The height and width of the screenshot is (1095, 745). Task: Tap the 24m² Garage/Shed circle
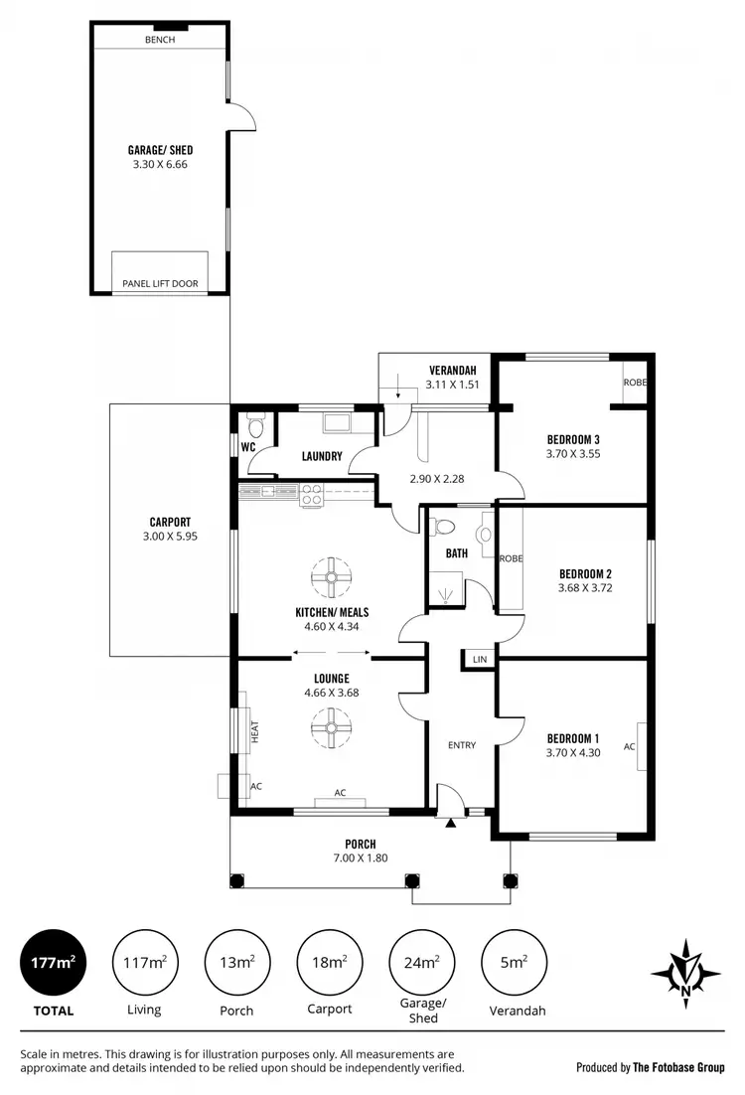click(422, 962)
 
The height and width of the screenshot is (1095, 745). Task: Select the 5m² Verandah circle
click(514, 962)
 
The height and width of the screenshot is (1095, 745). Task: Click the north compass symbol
click(684, 970)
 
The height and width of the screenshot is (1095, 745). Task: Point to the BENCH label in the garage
click(159, 40)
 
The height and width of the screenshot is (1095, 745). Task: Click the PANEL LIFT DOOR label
click(160, 284)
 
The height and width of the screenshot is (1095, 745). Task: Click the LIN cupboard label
click(480, 660)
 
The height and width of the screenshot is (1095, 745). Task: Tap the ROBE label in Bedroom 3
click(634, 383)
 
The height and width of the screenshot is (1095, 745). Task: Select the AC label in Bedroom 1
click(629, 745)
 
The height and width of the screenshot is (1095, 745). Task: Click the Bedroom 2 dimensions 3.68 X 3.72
click(584, 588)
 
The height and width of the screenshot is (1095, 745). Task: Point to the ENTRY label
click(462, 745)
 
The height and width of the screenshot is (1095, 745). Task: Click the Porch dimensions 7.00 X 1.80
click(361, 859)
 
